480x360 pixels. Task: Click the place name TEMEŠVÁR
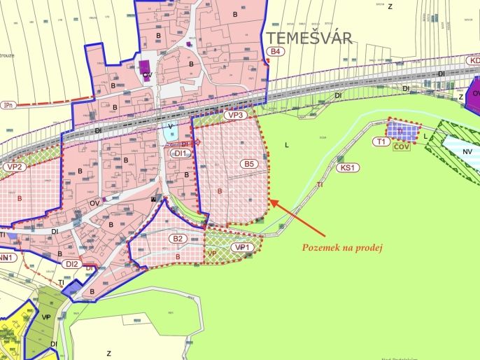coord(308,36)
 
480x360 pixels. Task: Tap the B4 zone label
coord(276,52)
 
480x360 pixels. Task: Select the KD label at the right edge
coord(474,61)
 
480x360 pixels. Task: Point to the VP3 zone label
coord(235,115)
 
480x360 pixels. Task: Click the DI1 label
coord(180,153)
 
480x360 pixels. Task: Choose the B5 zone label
coord(250,164)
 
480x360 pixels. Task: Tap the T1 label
coord(381,141)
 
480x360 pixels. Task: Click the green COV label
coord(401,148)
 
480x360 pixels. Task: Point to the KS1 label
coord(347,168)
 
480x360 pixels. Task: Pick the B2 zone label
coord(178,239)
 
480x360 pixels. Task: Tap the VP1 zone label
coord(241,247)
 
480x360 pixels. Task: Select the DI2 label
coord(71,264)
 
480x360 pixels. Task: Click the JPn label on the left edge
coord(8,104)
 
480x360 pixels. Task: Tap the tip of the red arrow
coord(270,200)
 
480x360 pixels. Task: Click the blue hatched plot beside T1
coord(404,130)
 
